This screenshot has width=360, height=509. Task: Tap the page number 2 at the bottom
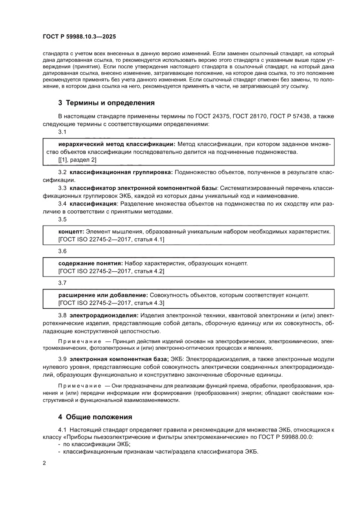[44, 463]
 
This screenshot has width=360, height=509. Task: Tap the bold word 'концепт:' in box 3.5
[71, 231]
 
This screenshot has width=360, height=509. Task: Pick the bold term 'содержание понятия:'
[91, 263]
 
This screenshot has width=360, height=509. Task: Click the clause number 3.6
[62, 251]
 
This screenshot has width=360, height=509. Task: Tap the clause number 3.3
[62, 188]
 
